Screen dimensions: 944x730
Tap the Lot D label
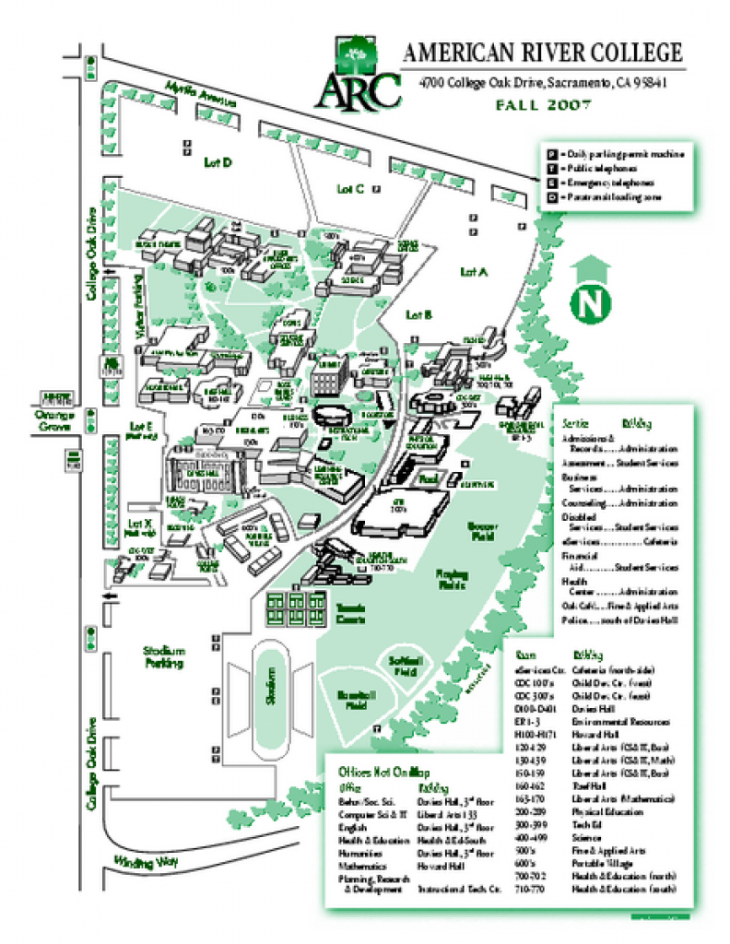(218, 162)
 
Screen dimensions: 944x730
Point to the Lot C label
(350, 189)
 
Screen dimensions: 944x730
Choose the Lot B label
(419, 314)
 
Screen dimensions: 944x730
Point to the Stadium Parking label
(165, 656)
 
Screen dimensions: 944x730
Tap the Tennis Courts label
(350, 613)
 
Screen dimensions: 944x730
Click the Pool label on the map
(427, 480)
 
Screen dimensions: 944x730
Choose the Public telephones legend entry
(608, 170)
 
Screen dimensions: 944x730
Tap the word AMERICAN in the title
(458, 53)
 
